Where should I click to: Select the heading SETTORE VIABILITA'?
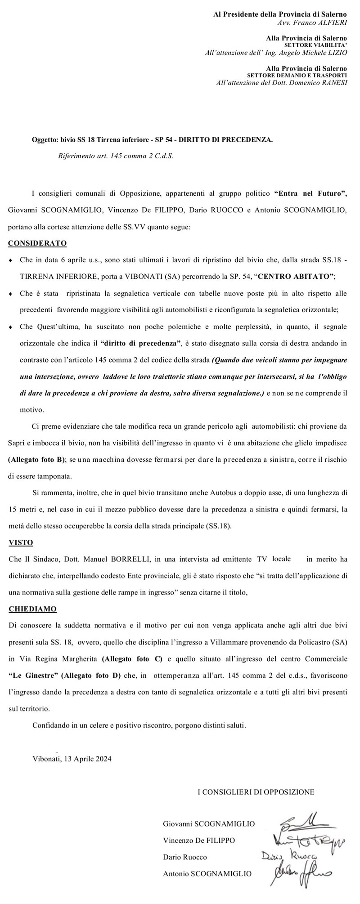pos(315,45)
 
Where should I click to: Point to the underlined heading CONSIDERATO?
pos(37,243)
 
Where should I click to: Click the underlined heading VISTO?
pos(21,542)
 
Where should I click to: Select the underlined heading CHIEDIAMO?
pos(33,609)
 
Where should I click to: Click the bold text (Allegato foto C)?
pos(132,659)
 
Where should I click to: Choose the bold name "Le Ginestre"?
pos(33,676)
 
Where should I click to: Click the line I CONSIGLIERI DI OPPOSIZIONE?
pos(256,792)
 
